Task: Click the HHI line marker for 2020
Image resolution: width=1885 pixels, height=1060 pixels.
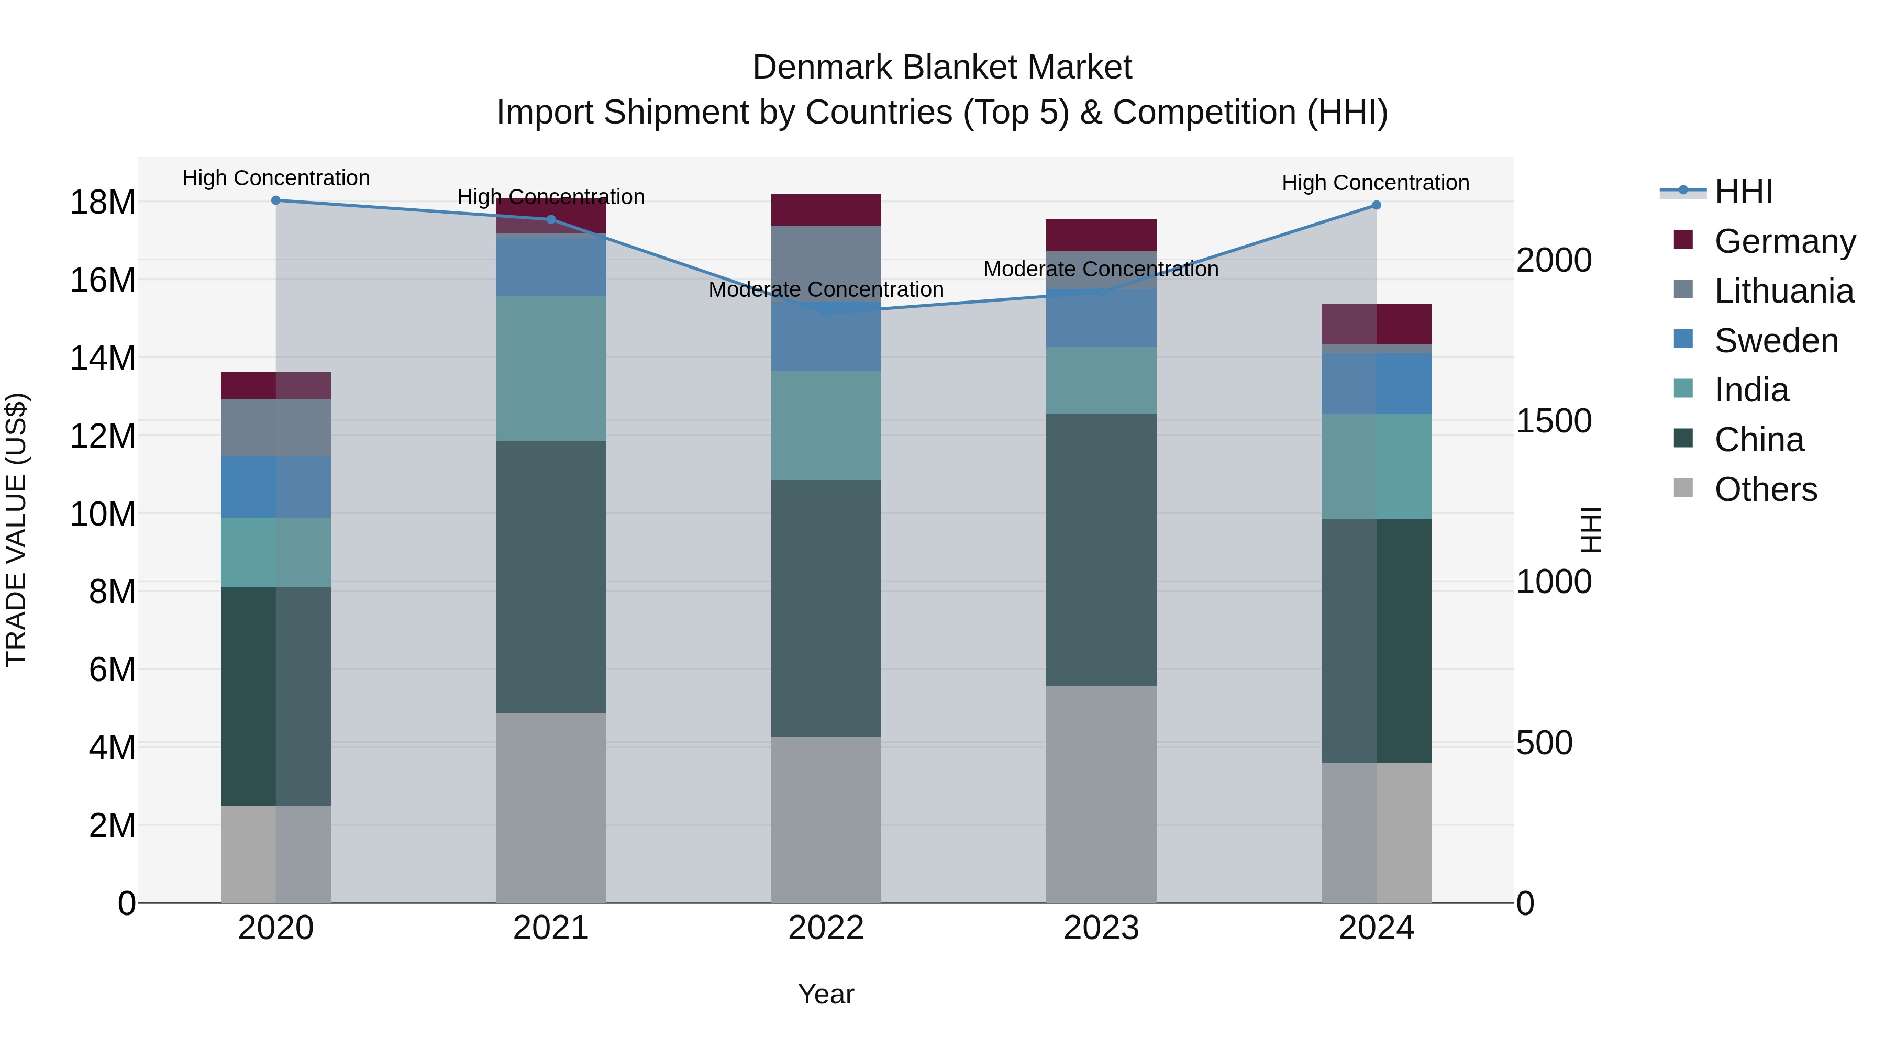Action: (276, 200)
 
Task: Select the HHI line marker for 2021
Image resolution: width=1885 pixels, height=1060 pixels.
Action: (551, 219)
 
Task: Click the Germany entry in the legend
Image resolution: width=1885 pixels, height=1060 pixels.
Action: (1784, 241)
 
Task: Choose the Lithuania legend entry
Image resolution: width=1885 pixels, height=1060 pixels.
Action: (1783, 291)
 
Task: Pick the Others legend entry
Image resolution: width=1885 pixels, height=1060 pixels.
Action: (1765, 489)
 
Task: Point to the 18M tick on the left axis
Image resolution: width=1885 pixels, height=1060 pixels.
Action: (103, 203)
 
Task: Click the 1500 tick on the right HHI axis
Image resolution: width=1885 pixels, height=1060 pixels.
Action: (1554, 421)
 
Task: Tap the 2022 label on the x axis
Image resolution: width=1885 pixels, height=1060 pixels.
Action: (826, 928)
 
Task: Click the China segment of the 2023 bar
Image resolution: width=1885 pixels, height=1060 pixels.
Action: (1101, 550)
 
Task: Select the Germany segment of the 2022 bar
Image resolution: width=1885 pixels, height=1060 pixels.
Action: (826, 210)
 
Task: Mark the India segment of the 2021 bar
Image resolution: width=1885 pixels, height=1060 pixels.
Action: (551, 368)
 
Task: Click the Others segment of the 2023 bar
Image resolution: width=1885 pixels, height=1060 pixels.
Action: (1101, 794)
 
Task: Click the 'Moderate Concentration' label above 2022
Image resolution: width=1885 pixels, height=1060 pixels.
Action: (826, 289)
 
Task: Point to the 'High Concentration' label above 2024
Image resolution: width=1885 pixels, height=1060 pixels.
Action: (1376, 183)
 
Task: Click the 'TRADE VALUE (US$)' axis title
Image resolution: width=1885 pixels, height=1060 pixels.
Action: (16, 530)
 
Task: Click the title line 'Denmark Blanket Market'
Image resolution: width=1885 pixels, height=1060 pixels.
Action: (942, 68)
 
